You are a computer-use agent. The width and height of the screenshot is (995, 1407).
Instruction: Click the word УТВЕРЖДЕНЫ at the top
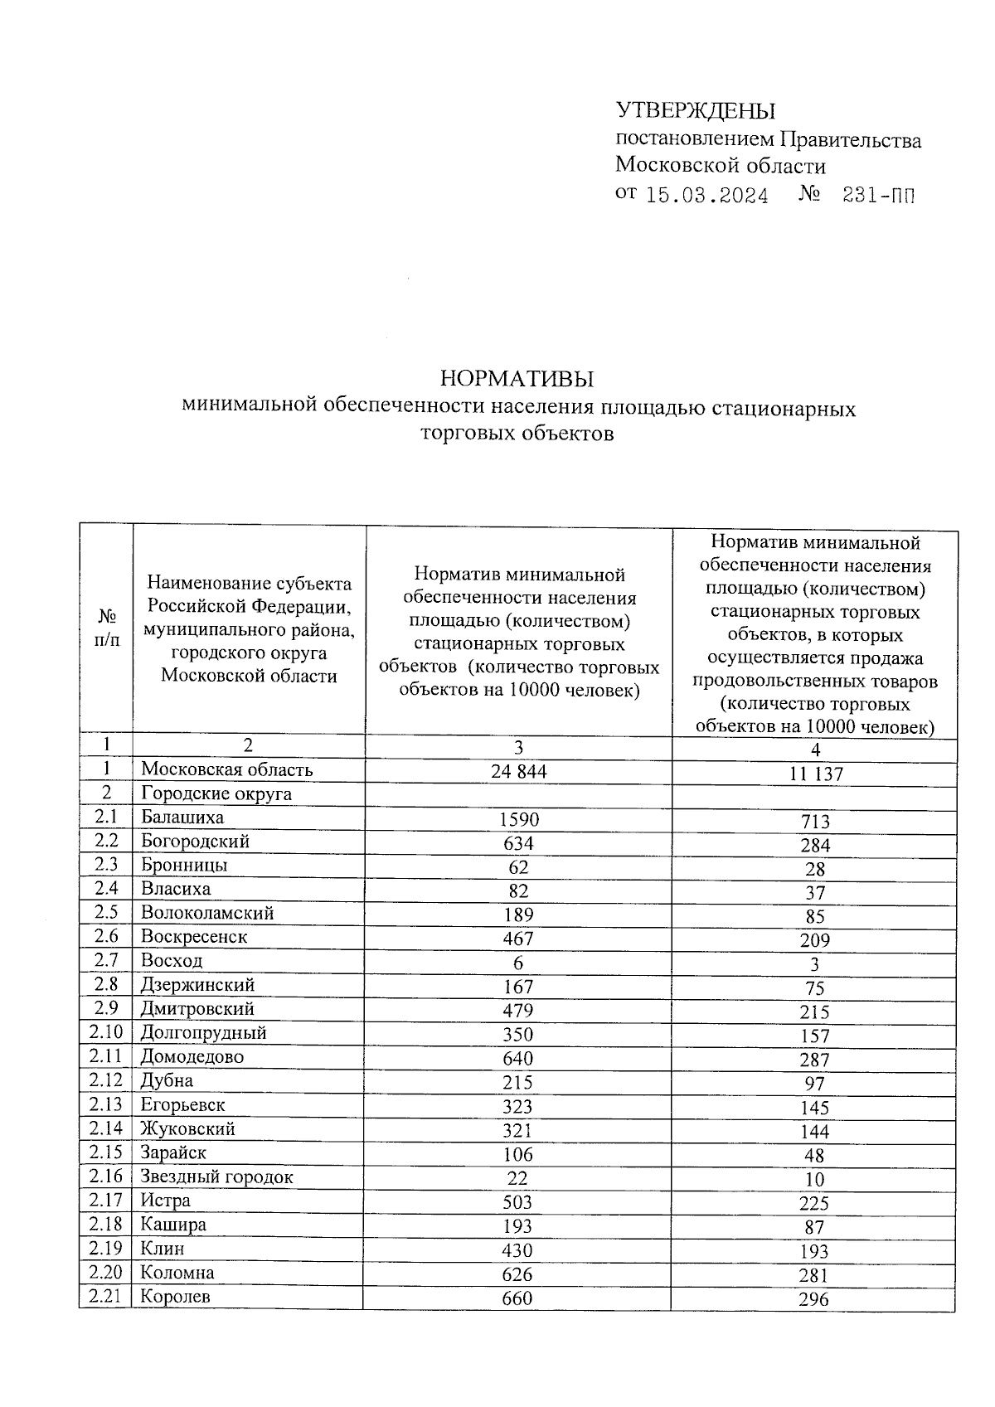point(695,111)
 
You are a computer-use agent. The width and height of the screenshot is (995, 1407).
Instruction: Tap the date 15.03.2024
point(706,196)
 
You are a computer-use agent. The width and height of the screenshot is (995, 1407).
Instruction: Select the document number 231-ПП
point(879,196)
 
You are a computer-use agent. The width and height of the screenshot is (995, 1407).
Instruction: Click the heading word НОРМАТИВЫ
point(517,380)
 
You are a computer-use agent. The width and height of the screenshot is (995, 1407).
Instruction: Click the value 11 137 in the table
point(814,774)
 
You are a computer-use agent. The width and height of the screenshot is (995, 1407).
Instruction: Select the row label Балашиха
point(182,818)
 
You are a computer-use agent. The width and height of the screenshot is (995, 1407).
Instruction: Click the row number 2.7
point(106,961)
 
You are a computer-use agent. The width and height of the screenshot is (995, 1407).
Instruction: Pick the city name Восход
point(171,961)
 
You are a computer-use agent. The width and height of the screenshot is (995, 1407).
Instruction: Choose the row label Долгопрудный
point(203,1033)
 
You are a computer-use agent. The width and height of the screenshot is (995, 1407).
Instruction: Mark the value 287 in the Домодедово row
point(814,1060)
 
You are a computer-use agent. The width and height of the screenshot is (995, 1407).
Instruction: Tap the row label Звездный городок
point(216,1177)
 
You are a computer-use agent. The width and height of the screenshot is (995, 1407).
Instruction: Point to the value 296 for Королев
point(813,1300)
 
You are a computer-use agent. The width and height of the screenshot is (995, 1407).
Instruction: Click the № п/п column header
point(107,628)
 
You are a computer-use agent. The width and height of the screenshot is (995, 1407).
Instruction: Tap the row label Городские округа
point(216,794)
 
